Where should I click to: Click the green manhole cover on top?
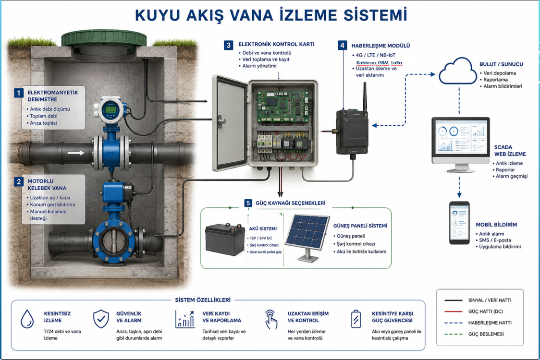104,38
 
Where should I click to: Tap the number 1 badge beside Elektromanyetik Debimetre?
19,93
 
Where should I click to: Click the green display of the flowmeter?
110,110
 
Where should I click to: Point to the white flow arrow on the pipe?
76,153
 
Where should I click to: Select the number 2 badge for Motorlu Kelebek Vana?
19,181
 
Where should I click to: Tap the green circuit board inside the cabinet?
283,107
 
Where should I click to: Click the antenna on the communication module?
365,96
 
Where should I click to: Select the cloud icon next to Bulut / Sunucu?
457,71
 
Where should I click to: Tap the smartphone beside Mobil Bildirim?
459,223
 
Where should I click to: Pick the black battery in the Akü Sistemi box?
225,240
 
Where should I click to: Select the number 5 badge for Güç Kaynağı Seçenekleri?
248,203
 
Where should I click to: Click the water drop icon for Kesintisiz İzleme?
27,319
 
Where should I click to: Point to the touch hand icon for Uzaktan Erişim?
271,319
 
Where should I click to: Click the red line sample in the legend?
453,312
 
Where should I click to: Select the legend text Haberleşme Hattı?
490,323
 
